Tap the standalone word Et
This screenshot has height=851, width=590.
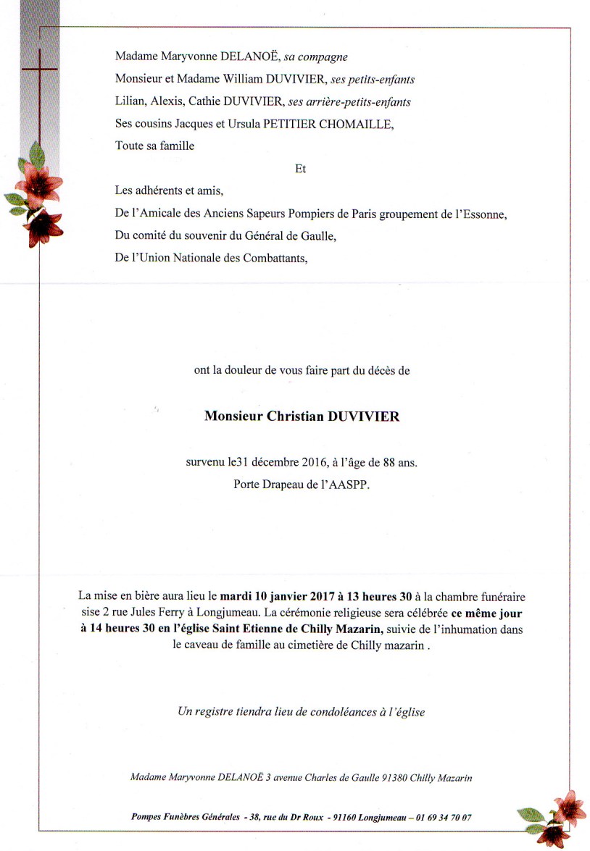[301, 169]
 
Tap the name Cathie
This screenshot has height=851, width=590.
[206, 102]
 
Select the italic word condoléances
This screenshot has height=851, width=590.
[325, 712]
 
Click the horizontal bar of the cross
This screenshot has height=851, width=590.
[40, 70]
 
